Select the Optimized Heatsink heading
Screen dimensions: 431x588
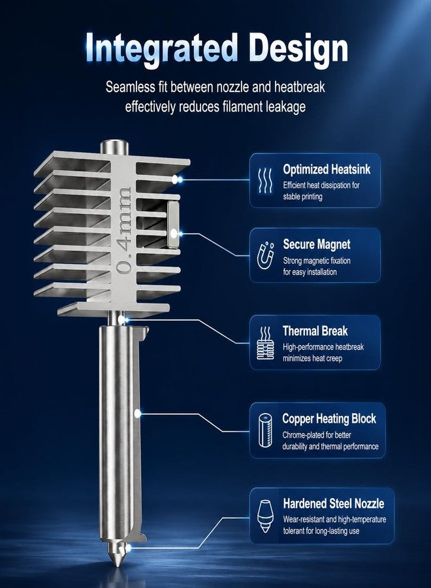(x=327, y=169)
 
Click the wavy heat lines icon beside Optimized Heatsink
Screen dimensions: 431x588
(x=265, y=180)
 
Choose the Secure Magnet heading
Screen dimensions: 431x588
(x=317, y=244)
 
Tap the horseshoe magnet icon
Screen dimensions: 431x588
(x=265, y=255)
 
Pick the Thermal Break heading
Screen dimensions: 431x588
(x=315, y=331)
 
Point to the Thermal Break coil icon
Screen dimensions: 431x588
(x=265, y=343)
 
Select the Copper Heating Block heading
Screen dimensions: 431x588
(x=329, y=419)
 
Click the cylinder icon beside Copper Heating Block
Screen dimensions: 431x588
(x=265, y=430)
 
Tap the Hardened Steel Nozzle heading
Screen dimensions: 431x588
(x=334, y=503)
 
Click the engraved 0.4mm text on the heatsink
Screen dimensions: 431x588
(x=123, y=230)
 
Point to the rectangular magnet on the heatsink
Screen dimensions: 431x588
(x=173, y=225)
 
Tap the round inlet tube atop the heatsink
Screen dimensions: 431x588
(x=115, y=146)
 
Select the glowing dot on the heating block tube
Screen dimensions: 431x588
(x=138, y=414)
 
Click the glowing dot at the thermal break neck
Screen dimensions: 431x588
(x=121, y=319)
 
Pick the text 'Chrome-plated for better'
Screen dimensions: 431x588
(x=317, y=435)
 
